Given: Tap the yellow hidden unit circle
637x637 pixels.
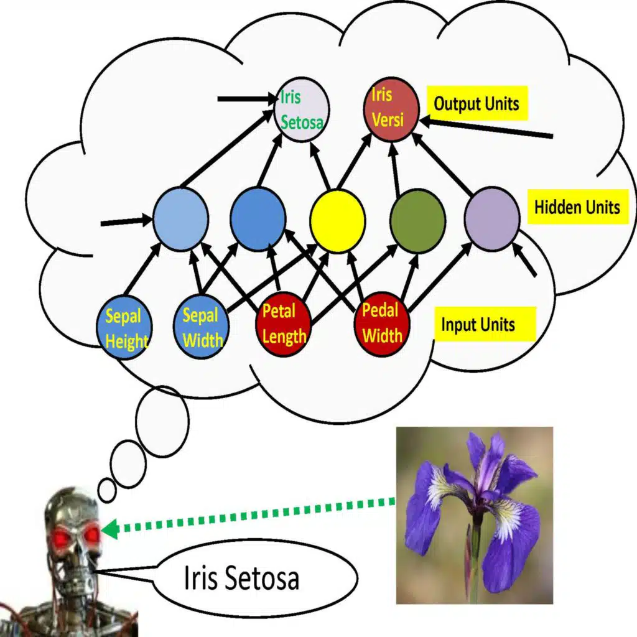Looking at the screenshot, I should [x=337, y=221].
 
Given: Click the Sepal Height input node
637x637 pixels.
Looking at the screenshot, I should [x=125, y=328].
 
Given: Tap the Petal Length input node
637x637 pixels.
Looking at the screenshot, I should [x=283, y=324].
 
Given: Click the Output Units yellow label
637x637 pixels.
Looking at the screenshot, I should [x=477, y=103].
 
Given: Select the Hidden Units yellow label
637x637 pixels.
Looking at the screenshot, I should [x=578, y=207].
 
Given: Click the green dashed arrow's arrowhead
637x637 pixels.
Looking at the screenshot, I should [x=110, y=529].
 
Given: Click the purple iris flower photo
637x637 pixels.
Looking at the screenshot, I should [x=474, y=515].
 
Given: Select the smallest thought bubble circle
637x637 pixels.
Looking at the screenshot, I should [x=107, y=491].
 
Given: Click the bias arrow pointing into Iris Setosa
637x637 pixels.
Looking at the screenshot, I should [x=246, y=98].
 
